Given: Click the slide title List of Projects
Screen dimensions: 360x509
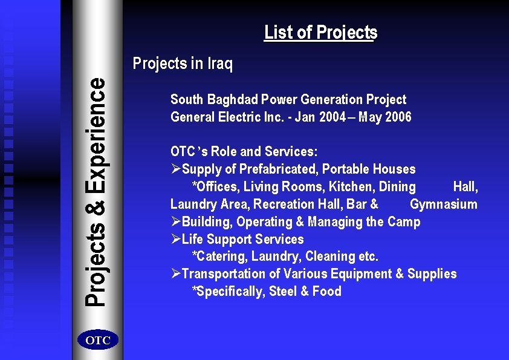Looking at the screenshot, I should click(320, 32).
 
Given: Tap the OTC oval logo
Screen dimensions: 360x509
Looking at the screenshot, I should click(98, 341).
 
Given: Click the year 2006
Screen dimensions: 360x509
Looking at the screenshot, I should click(396, 117).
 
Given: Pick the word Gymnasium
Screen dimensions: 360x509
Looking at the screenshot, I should click(443, 204).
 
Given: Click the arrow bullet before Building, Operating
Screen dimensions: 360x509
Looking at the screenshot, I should click(175, 221).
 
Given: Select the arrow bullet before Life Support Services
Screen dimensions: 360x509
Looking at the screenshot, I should click(175, 239).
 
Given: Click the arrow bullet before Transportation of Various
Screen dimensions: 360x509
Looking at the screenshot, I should click(175, 273).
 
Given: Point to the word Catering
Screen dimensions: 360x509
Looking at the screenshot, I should click(221, 257).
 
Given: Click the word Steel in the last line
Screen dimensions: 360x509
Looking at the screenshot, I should click(283, 291).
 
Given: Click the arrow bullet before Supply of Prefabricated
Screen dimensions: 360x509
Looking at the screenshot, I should click(175, 169).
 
